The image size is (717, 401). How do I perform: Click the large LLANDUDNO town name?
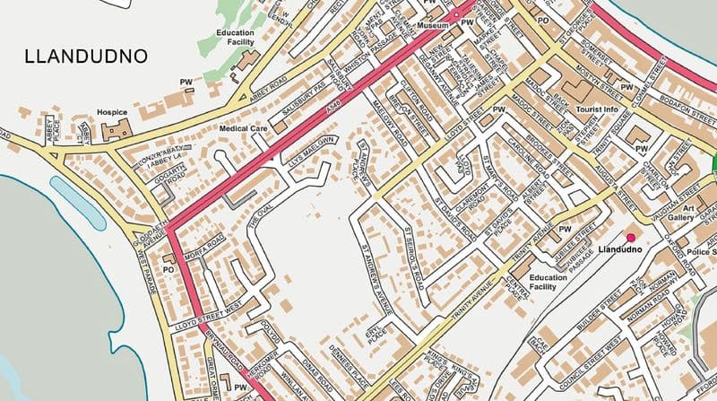coord(87,57)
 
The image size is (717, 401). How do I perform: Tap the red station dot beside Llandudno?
coord(631,237)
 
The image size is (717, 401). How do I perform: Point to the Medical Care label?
coord(244,128)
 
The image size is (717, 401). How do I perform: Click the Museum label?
coord(432,27)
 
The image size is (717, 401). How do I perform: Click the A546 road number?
coord(333,106)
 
